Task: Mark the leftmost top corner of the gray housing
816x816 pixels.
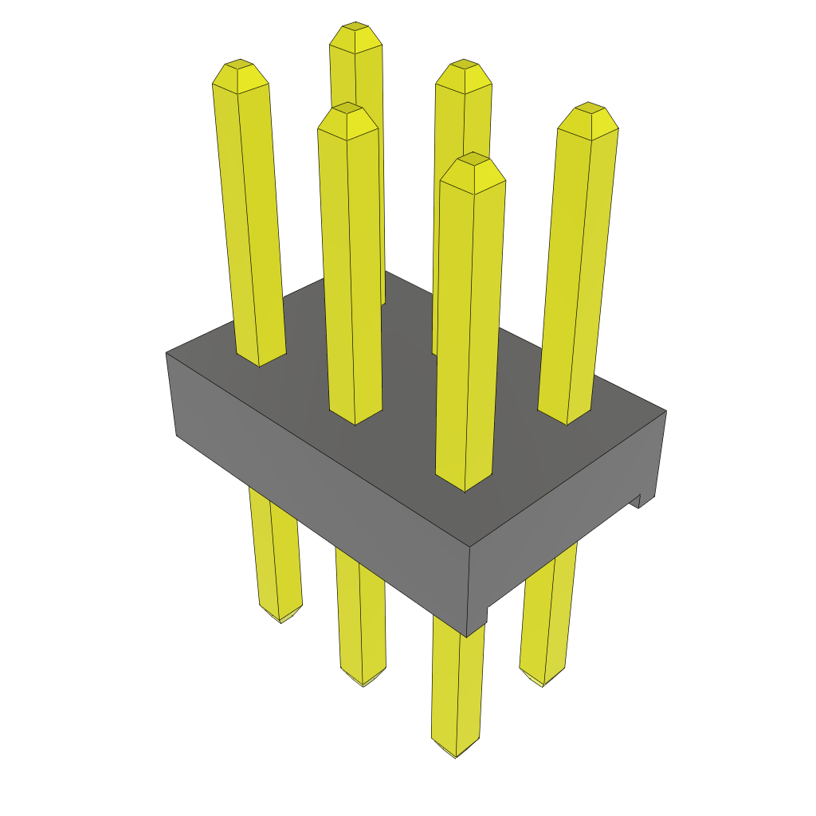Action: pos(167,352)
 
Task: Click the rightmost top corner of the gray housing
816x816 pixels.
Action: pos(665,411)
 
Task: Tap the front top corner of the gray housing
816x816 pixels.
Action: pos(469,547)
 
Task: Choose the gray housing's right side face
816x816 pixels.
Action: pos(566,526)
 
